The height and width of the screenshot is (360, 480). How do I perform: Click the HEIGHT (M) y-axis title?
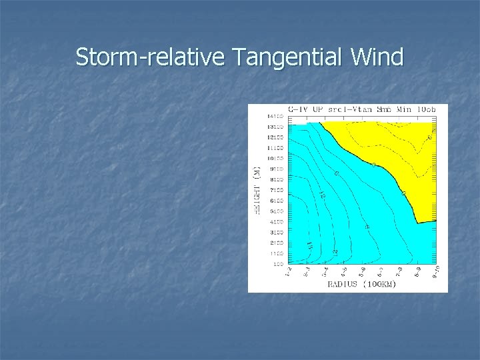point(255,190)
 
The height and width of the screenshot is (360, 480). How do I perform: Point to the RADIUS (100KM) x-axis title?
point(362,285)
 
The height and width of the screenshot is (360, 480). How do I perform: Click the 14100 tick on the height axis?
point(276,116)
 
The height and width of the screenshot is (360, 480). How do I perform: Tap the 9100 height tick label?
point(276,169)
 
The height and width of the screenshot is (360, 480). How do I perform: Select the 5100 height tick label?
point(276,211)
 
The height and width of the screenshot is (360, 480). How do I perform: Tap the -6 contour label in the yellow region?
point(430,137)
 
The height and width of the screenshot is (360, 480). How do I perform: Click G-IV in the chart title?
point(299,109)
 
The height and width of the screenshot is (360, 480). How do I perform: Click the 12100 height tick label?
point(276,137)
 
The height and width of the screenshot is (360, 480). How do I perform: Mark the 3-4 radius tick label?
point(324,273)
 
